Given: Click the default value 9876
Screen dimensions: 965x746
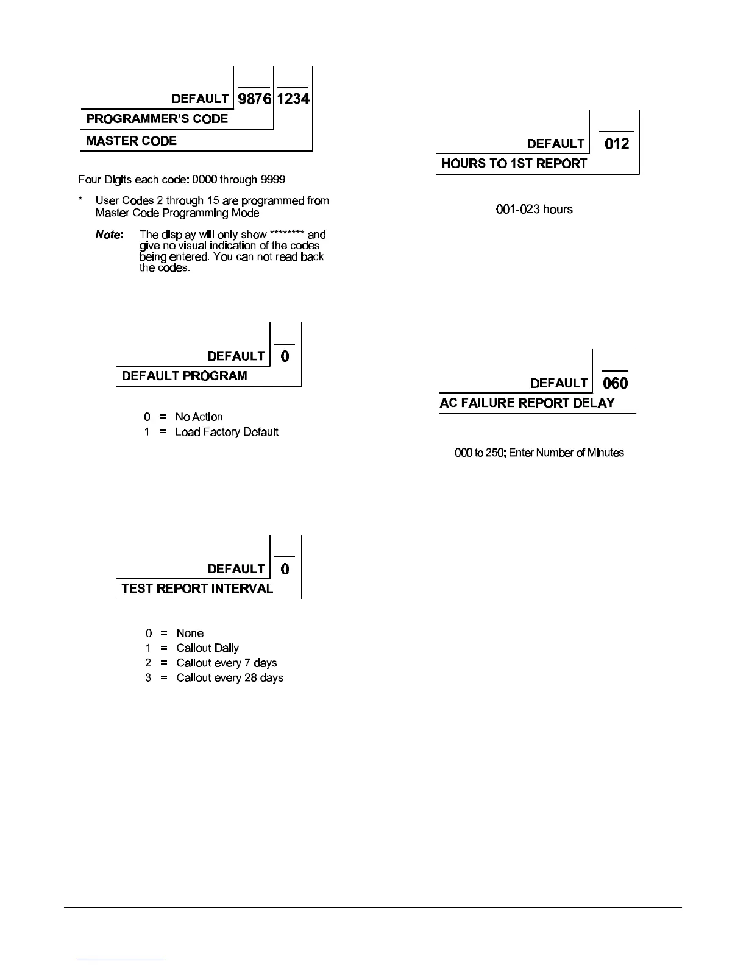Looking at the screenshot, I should click(x=254, y=98).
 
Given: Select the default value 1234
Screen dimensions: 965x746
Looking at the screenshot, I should click(x=293, y=98).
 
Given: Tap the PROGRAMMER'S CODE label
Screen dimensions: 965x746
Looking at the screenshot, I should click(x=157, y=119).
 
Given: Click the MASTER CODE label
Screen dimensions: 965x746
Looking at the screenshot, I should click(x=131, y=141).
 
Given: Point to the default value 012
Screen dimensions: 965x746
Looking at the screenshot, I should click(x=616, y=144).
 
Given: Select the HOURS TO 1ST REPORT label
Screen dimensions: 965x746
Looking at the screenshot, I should click(x=514, y=163).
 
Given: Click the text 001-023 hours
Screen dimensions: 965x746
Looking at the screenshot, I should click(x=535, y=210).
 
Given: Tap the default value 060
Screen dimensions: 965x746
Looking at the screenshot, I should click(x=615, y=383).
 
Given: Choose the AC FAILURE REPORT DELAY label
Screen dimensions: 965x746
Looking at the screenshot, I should click(x=527, y=403).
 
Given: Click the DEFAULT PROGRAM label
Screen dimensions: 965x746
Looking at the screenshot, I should click(x=184, y=376).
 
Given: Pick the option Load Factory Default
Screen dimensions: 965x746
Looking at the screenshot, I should click(x=227, y=432).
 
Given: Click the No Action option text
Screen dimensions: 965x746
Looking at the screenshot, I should click(x=199, y=417).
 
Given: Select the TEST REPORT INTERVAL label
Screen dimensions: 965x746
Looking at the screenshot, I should click(x=197, y=589).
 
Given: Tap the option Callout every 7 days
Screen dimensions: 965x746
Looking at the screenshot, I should click(x=226, y=663).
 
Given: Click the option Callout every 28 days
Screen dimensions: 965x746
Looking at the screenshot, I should click(x=229, y=678).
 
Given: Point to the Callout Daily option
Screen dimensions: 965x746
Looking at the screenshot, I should click(x=207, y=648).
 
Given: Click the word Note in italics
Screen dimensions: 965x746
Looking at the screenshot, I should click(x=109, y=235).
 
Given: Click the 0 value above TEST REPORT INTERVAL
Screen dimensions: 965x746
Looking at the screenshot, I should click(x=285, y=569).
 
